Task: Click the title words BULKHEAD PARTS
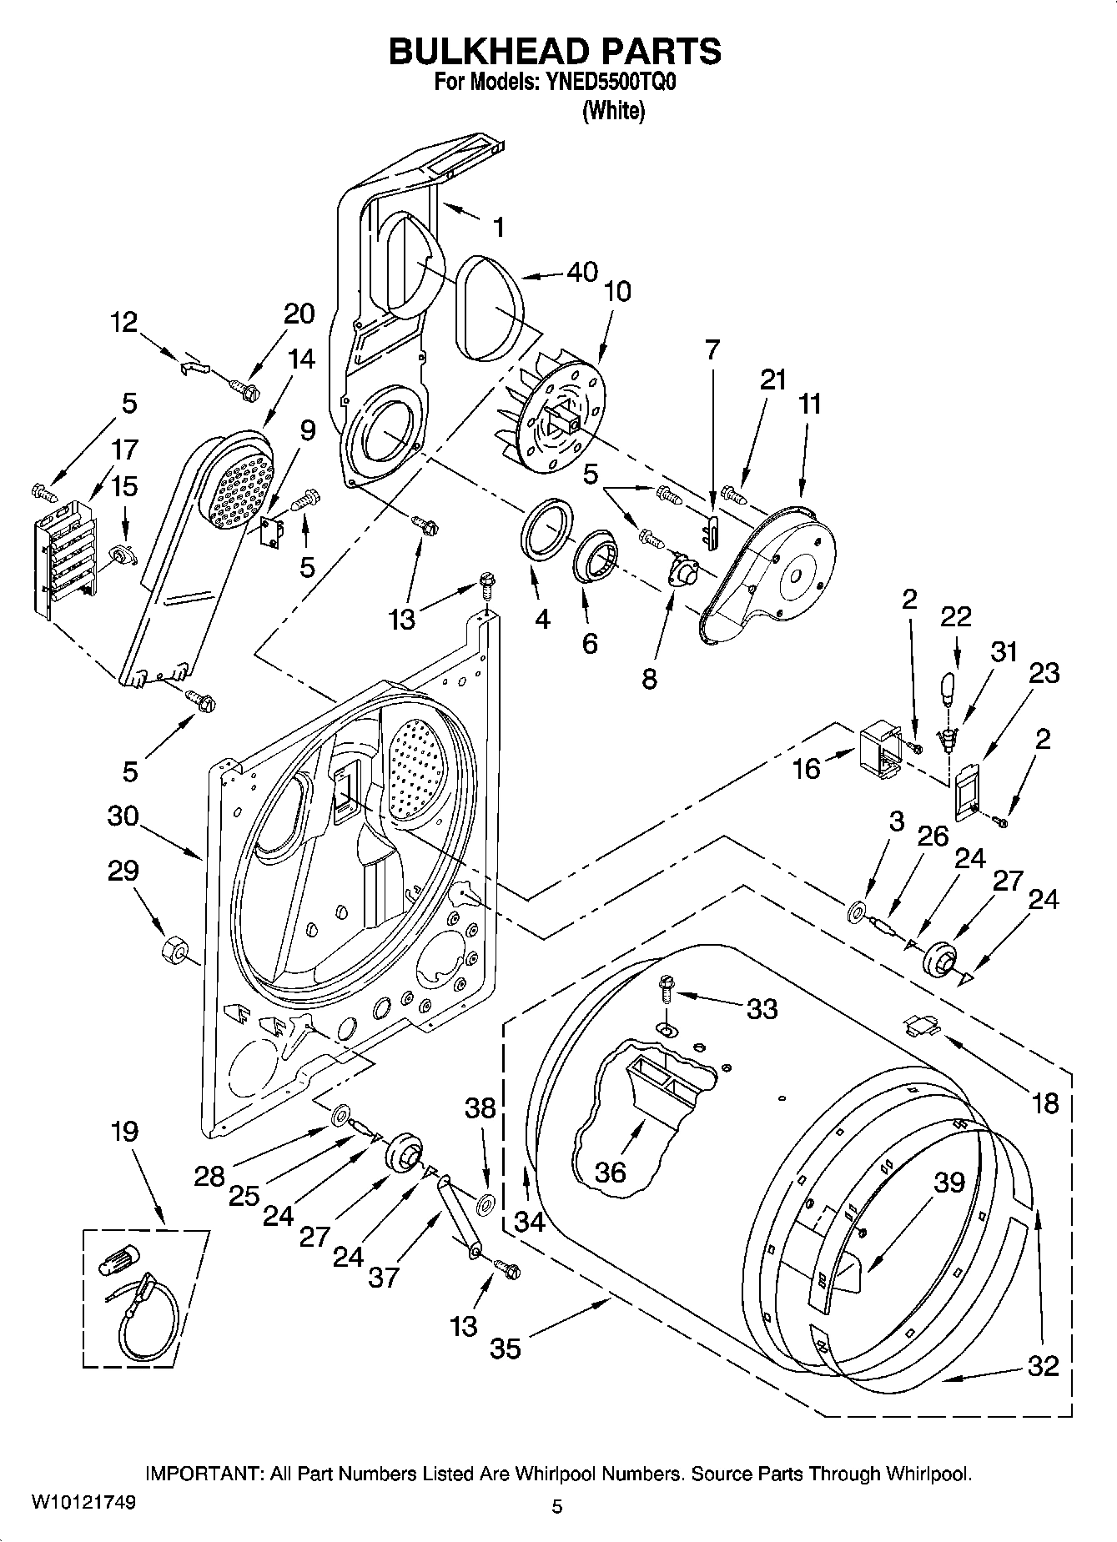click(555, 52)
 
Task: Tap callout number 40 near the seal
click(582, 272)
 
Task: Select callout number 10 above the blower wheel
click(617, 292)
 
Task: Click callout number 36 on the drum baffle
click(611, 1172)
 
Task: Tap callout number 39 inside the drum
click(949, 1182)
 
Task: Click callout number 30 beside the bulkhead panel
click(123, 815)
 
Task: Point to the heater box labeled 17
click(67, 550)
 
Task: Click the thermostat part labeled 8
click(682, 574)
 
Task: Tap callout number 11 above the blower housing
click(809, 404)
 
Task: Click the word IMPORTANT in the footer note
click(204, 1474)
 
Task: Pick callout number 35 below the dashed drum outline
click(506, 1349)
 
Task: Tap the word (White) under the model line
click(613, 111)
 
